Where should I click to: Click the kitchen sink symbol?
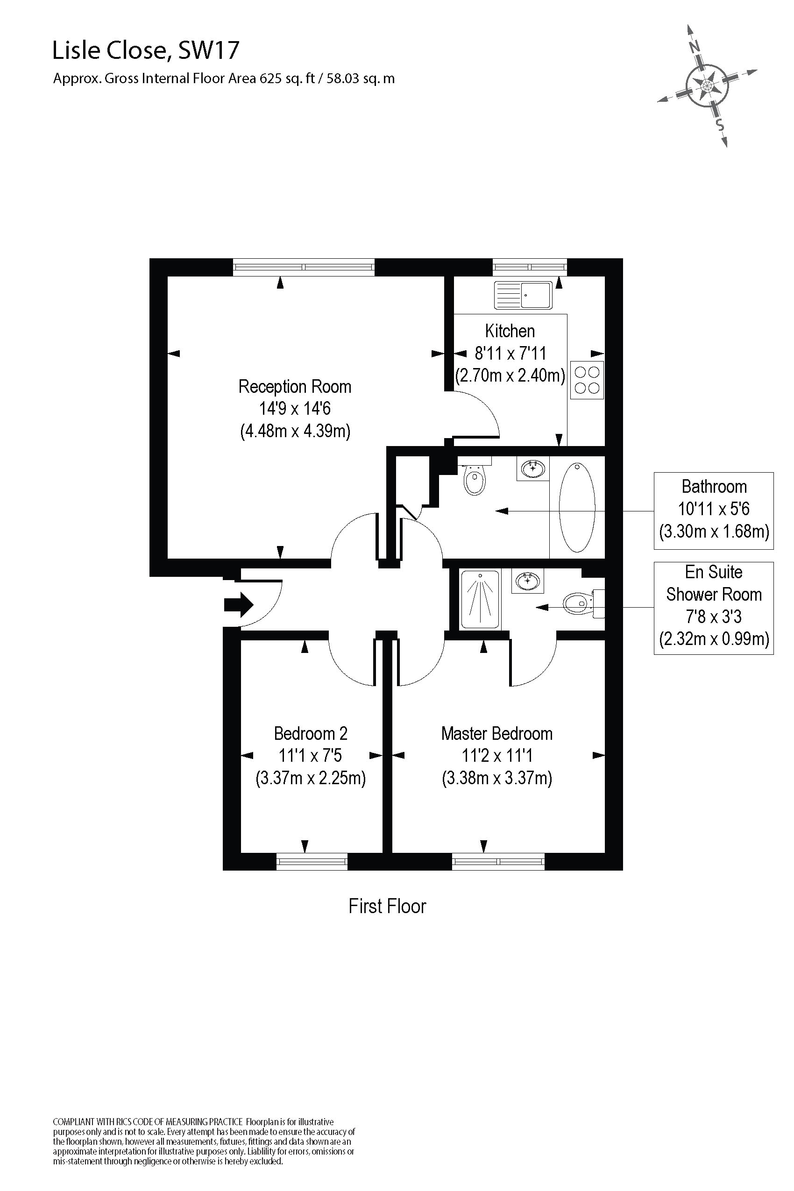(x=523, y=295)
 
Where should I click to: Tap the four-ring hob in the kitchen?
(x=588, y=380)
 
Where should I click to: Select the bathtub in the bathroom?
(x=577, y=507)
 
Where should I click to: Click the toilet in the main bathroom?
(x=475, y=479)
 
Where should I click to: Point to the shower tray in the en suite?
(x=480, y=599)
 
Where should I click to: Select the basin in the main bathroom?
(x=533, y=468)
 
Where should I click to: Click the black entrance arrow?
(x=239, y=604)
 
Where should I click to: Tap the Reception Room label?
(x=295, y=387)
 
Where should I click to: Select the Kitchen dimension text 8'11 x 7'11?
(x=510, y=353)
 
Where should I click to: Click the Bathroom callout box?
(x=714, y=510)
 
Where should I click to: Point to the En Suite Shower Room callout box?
(x=714, y=608)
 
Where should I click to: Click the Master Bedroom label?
(x=496, y=734)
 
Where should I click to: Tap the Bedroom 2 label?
(x=311, y=734)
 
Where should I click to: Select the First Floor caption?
(x=387, y=906)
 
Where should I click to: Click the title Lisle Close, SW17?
(x=146, y=50)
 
